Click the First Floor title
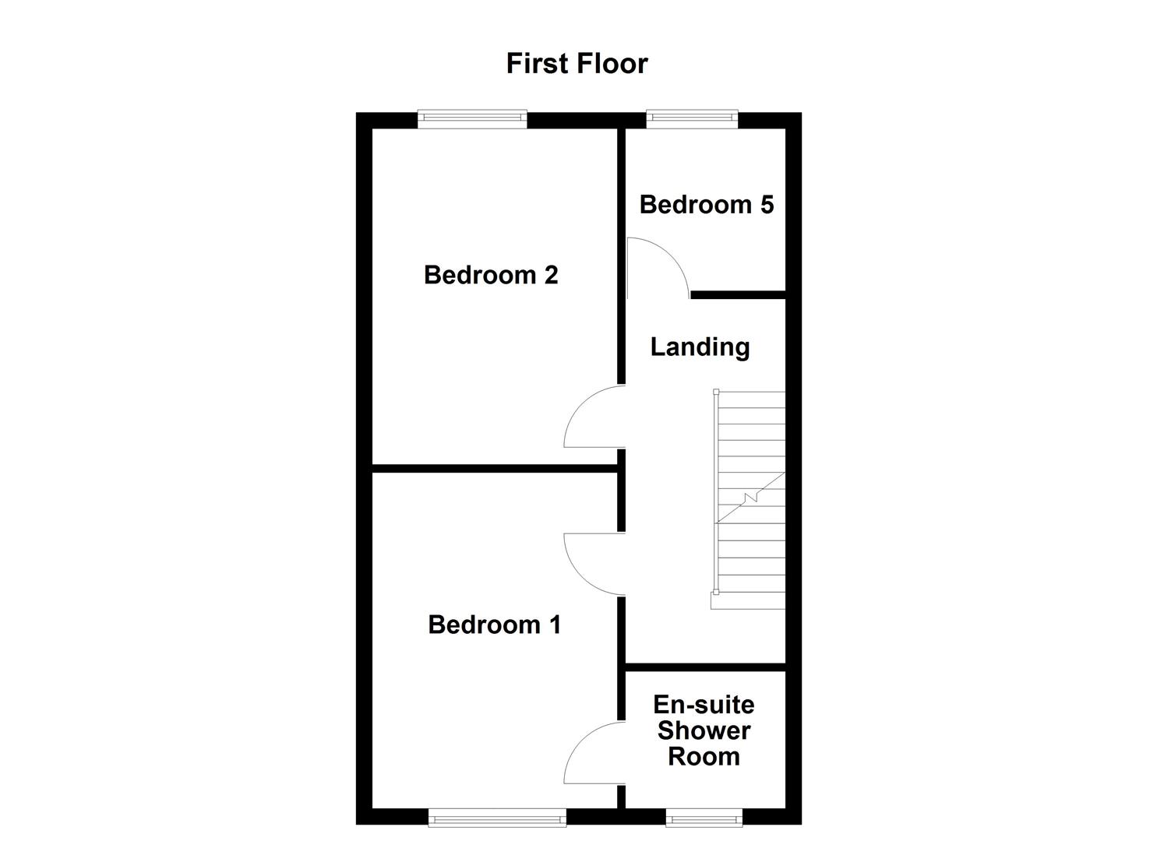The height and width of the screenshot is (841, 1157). click(x=577, y=63)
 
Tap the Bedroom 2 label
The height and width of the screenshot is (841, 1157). click(x=491, y=275)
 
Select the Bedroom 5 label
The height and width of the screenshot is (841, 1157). click(x=707, y=205)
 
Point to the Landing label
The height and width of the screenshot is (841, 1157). click(x=700, y=347)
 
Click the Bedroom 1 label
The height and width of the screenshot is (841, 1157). click(x=494, y=625)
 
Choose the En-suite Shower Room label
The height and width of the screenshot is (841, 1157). click(x=704, y=730)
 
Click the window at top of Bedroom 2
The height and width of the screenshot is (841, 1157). click(x=472, y=118)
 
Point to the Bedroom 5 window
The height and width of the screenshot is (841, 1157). click(x=691, y=118)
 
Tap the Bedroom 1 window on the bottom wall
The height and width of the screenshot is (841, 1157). click(x=497, y=817)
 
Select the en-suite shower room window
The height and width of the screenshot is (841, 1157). click(x=704, y=817)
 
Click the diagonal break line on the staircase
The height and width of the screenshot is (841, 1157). click(x=750, y=497)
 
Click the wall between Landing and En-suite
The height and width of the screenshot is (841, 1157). click(x=705, y=667)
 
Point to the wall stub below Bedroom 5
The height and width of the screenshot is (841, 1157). click(x=737, y=294)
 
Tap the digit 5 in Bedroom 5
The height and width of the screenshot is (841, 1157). click(x=766, y=205)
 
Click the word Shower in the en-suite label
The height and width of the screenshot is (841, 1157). click(x=704, y=730)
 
